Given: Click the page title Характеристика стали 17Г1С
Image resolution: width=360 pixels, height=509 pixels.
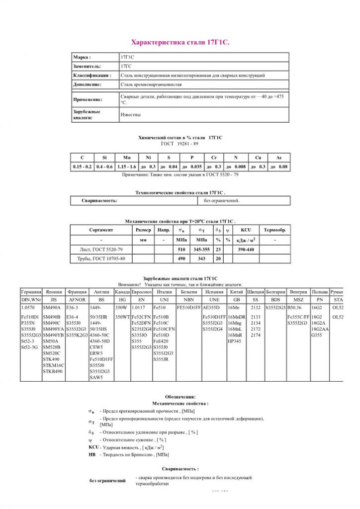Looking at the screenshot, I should click(x=180, y=42).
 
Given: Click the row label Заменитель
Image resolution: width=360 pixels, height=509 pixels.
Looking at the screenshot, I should click(x=87, y=66).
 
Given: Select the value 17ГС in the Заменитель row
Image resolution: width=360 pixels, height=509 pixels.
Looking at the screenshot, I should click(x=127, y=66).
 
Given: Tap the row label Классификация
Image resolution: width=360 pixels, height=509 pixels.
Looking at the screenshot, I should click(x=91, y=75).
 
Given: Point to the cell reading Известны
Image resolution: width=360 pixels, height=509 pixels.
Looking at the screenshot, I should click(x=131, y=115).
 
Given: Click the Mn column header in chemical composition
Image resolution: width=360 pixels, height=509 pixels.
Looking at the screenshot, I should click(x=127, y=158).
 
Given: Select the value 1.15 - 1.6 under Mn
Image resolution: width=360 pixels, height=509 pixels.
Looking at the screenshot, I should click(x=126, y=167).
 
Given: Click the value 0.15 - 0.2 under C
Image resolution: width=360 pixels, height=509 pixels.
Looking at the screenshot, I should click(x=82, y=167).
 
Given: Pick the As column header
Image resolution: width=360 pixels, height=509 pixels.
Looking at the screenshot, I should click(x=279, y=158).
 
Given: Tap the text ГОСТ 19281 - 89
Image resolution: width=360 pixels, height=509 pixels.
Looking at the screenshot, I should click(x=180, y=144).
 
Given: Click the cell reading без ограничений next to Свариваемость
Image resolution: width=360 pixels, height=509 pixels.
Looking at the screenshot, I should click(x=222, y=201).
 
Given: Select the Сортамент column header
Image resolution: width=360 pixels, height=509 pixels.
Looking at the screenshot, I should click(x=101, y=230).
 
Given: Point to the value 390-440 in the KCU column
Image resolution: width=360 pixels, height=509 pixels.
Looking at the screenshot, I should click(x=246, y=250).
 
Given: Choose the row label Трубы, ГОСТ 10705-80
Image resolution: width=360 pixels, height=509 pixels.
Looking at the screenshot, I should click(x=101, y=259).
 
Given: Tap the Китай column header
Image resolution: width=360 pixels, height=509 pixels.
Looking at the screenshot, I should click(x=237, y=292).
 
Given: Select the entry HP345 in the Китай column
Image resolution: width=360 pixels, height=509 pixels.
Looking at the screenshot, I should click(x=234, y=341).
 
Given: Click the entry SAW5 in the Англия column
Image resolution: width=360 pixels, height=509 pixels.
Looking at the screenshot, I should click(x=96, y=377).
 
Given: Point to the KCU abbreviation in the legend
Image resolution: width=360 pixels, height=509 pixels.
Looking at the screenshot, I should click(x=93, y=447).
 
